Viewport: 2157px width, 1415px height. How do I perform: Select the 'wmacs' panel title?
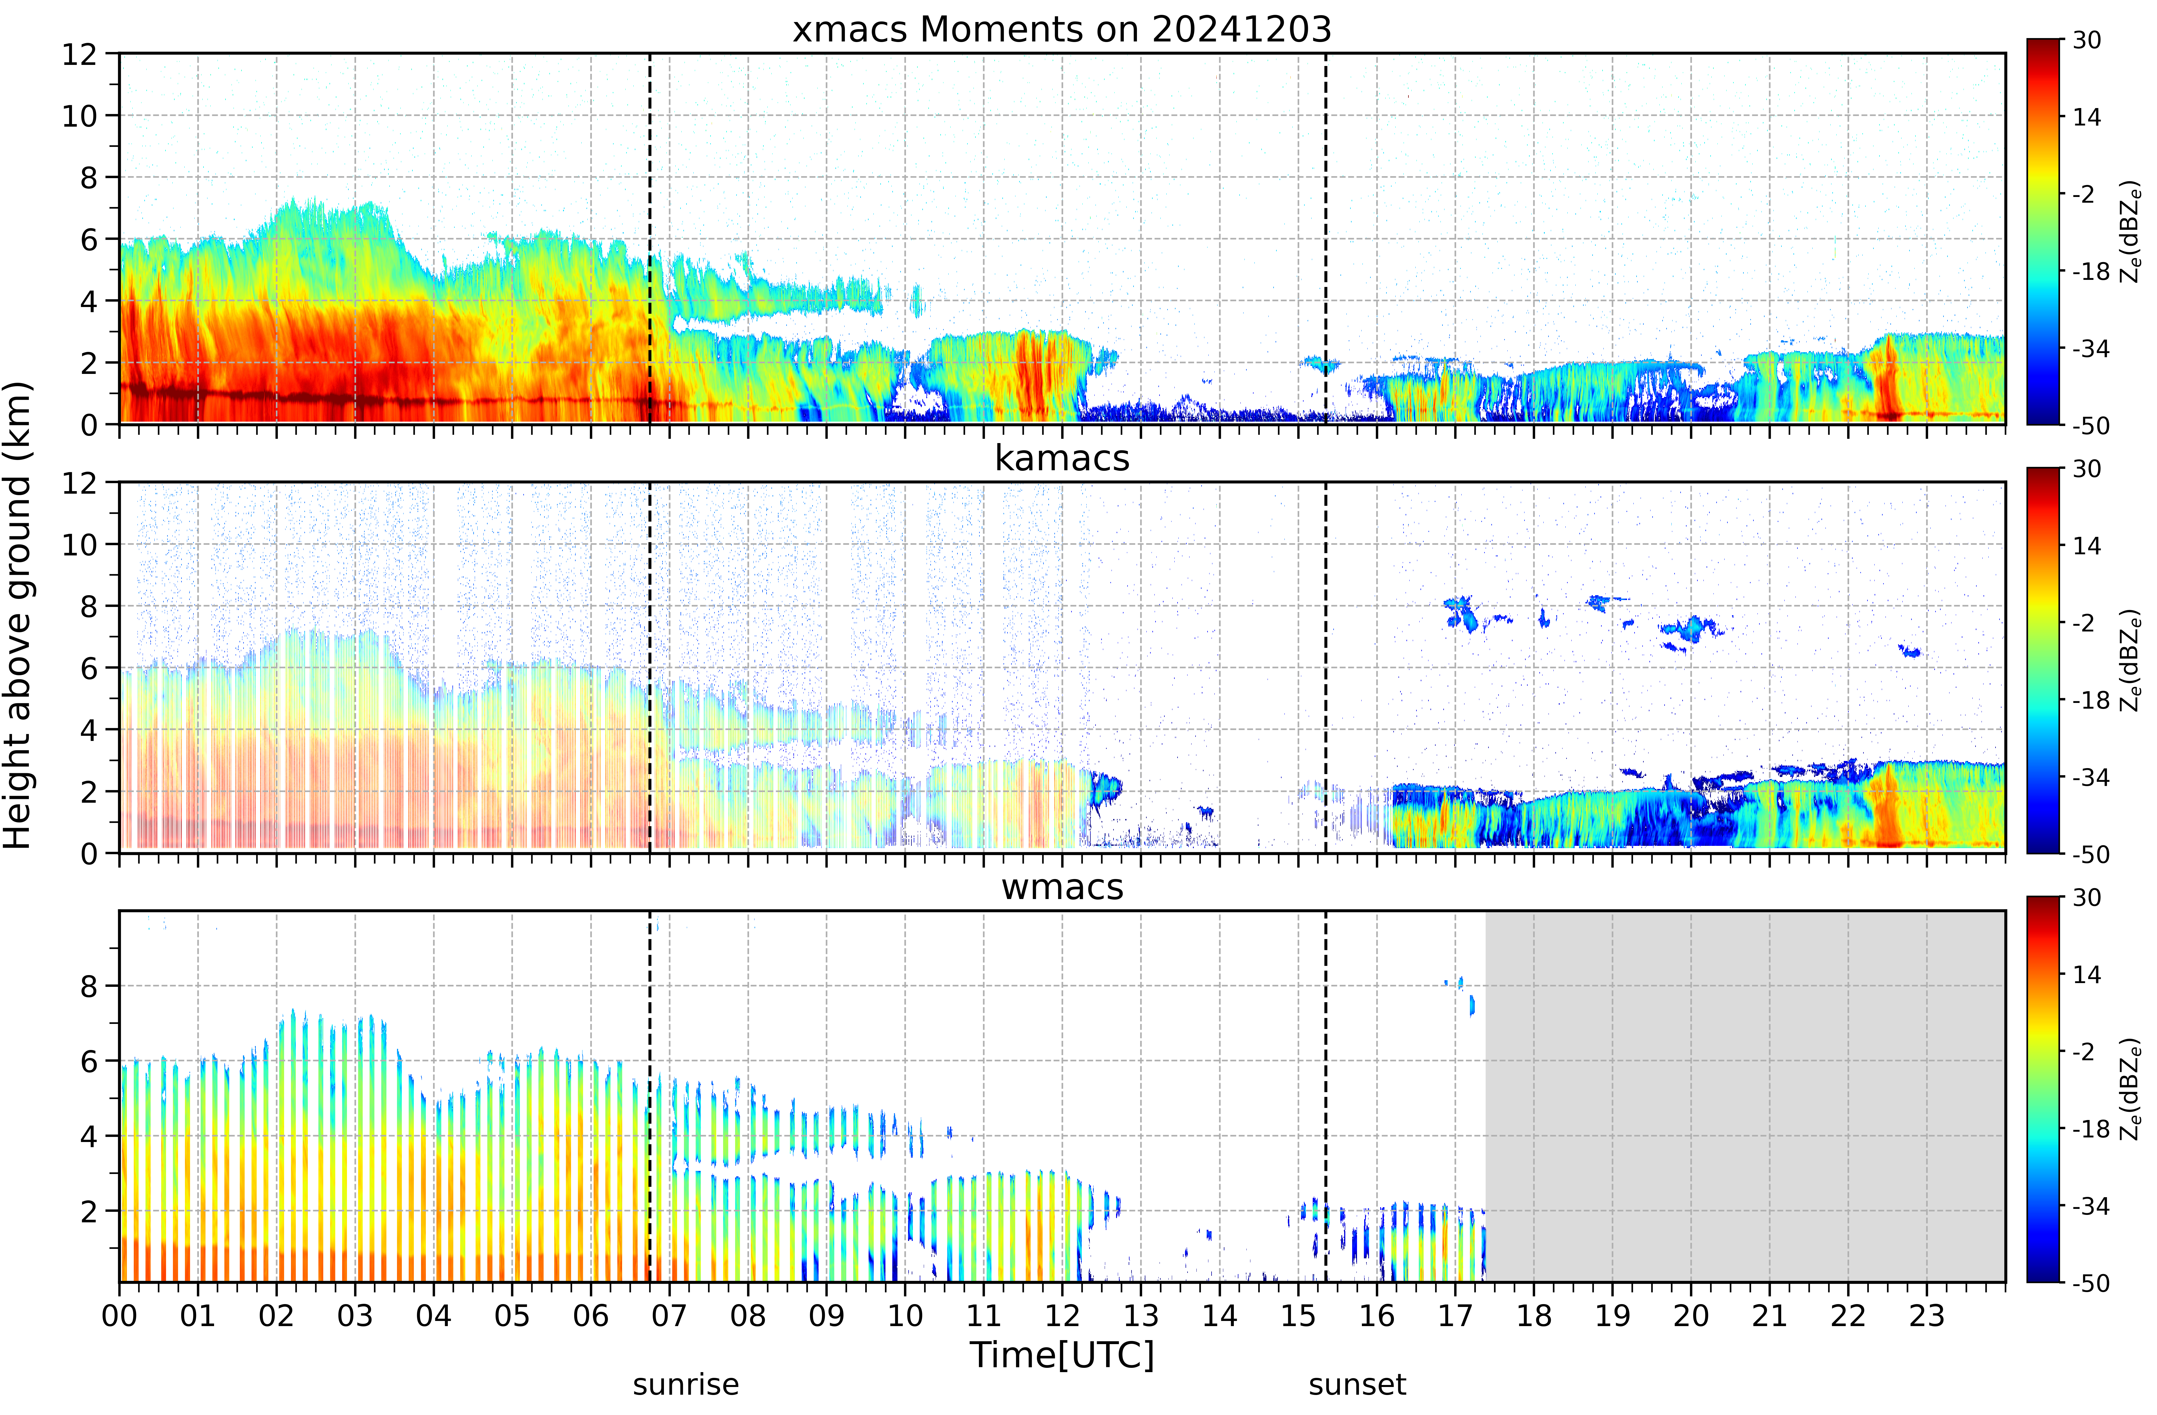1062,886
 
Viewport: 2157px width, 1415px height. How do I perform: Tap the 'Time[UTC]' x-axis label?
1062,1355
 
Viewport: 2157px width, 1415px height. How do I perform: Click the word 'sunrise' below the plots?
686,1385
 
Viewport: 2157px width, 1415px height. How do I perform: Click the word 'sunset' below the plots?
1358,1385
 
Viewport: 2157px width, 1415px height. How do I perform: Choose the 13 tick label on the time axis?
1141,1315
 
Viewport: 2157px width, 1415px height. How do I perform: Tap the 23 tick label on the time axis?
1927,1315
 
